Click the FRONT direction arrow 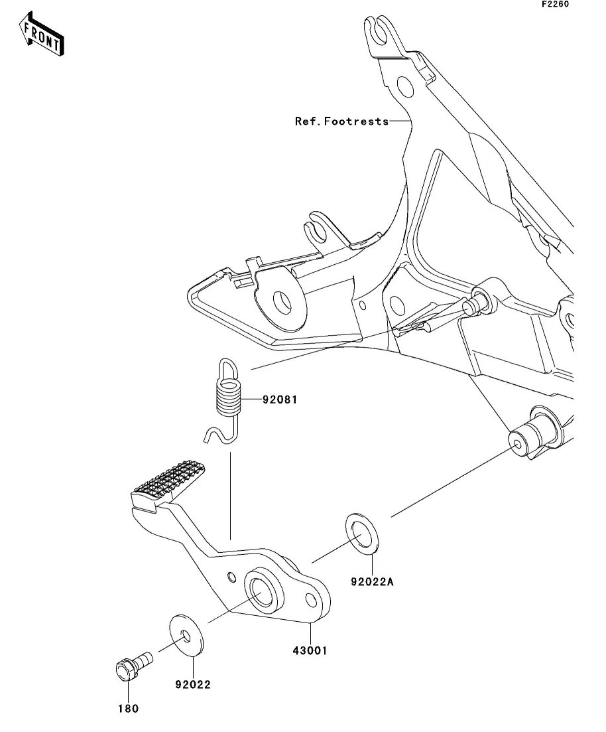tap(41, 34)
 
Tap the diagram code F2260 tap(555, 4)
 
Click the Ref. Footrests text tap(341, 121)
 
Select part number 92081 tap(279, 400)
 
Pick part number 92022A tap(372, 581)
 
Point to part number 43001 tap(310, 650)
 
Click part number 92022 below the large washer tap(193, 684)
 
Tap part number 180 tap(128, 709)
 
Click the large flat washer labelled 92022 tap(186, 635)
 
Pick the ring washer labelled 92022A tap(362, 534)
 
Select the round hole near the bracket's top tap(405, 87)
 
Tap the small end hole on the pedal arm tap(311, 601)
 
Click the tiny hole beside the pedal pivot tap(231, 577)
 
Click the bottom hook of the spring tap(218, 435)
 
